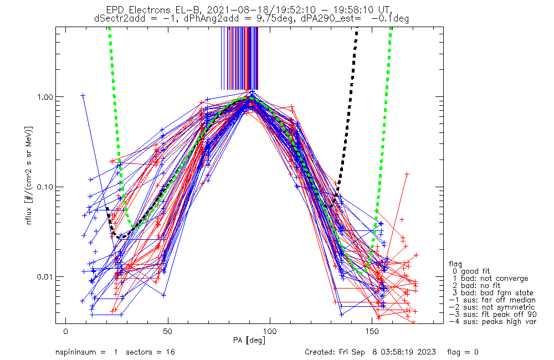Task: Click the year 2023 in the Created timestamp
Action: click(x=426, y=352)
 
